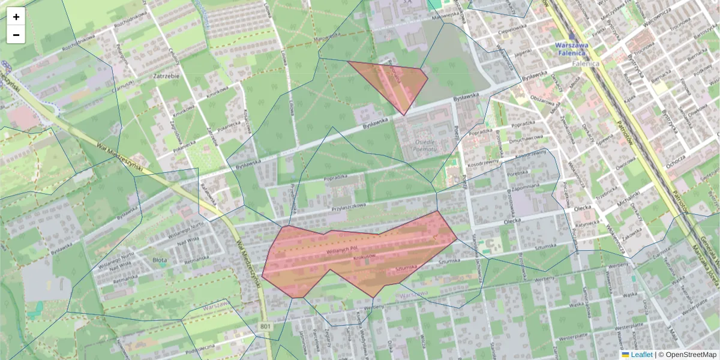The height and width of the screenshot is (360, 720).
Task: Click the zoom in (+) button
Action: (x=16, y=17)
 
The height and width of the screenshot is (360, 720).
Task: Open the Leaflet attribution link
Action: (x=641, y=355)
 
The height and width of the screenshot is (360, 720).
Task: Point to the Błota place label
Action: (x=160, y=260)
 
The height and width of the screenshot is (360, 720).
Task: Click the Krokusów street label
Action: (x=364, y=256)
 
